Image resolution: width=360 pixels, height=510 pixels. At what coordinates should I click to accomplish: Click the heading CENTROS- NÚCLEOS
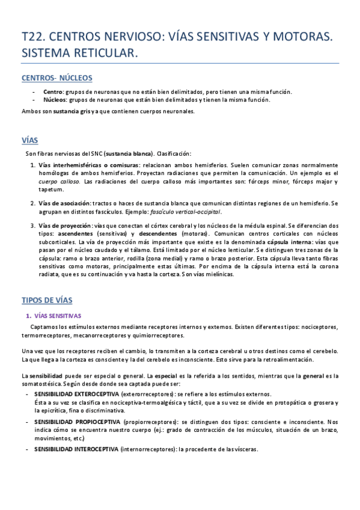pyautogui.click(x=56, y=78)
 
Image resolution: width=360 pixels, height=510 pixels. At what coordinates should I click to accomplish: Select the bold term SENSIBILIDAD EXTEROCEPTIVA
pyautogui.click(x=75, y=394)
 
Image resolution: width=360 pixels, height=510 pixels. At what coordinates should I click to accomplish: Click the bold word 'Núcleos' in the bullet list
pyautogui.click(x=55, y=100)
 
